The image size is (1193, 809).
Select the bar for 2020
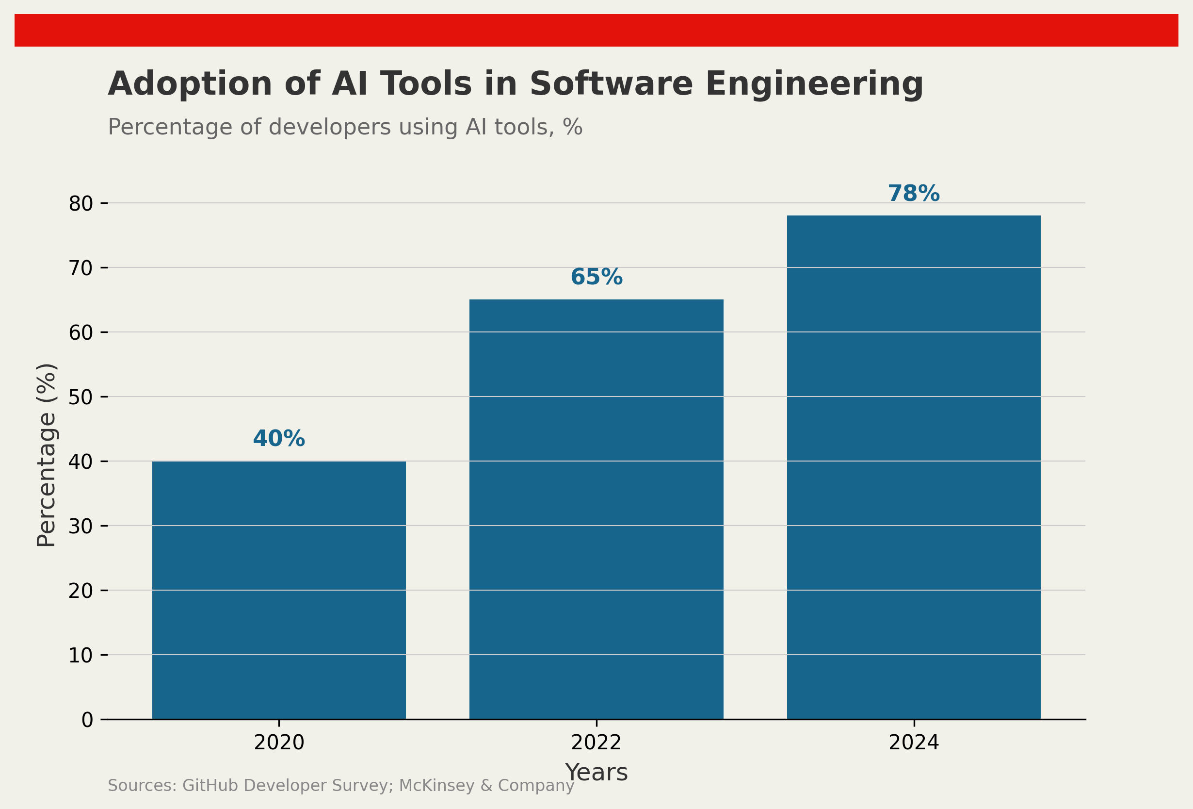click(279, 590)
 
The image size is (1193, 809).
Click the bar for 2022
click(596, 509)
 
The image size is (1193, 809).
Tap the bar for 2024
click(914, 467)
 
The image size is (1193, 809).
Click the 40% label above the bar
click(279, 439)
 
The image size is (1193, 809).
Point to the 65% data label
click(596, 278)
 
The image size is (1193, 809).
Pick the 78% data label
click(914, 194)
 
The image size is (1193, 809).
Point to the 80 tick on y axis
click(81, 204)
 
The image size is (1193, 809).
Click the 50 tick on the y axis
click(81, 397)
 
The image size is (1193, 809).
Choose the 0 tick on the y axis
click(87, 720)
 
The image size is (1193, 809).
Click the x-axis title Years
click(596, 773)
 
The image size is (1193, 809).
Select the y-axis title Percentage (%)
click(46, 455)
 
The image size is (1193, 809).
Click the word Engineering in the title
click(814, 84)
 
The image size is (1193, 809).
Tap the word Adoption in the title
click(190, 84)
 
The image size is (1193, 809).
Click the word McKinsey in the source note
click(436, 786)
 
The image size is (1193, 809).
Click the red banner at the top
click(596, 30)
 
